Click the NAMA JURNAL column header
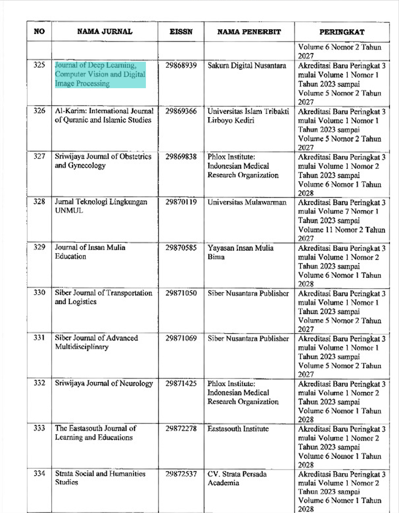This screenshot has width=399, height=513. tap(105, 31)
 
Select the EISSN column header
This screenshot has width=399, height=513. tap(181, 32)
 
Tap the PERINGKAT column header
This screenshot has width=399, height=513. tap(342, 32)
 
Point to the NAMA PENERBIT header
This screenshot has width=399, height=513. tap(249, 32)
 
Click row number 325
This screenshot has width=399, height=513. tap(39, 65)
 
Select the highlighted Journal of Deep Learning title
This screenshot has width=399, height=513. tap(100, 74)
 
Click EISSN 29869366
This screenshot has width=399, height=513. tap(181, 111)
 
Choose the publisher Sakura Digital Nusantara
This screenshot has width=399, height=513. tap(247, 66)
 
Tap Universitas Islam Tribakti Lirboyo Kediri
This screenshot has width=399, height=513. tap(248, 116)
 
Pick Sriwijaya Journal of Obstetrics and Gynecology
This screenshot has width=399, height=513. tap(103, 161)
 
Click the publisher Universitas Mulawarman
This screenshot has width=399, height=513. tap(247, 202)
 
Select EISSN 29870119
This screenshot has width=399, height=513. tap(181, 202)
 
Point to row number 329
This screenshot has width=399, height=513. tap(39, 247)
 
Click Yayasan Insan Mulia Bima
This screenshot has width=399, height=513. tap(240, 252)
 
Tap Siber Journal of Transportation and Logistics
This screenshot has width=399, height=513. tap(103, 297)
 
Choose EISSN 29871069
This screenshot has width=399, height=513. tap(181, 338)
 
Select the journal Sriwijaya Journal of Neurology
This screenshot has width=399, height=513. tap(104, 384)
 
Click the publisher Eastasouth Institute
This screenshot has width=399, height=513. tap(238, 429)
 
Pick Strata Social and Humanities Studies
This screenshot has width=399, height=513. tap(100, 478)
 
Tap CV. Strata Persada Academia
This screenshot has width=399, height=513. tap(237, 478)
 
